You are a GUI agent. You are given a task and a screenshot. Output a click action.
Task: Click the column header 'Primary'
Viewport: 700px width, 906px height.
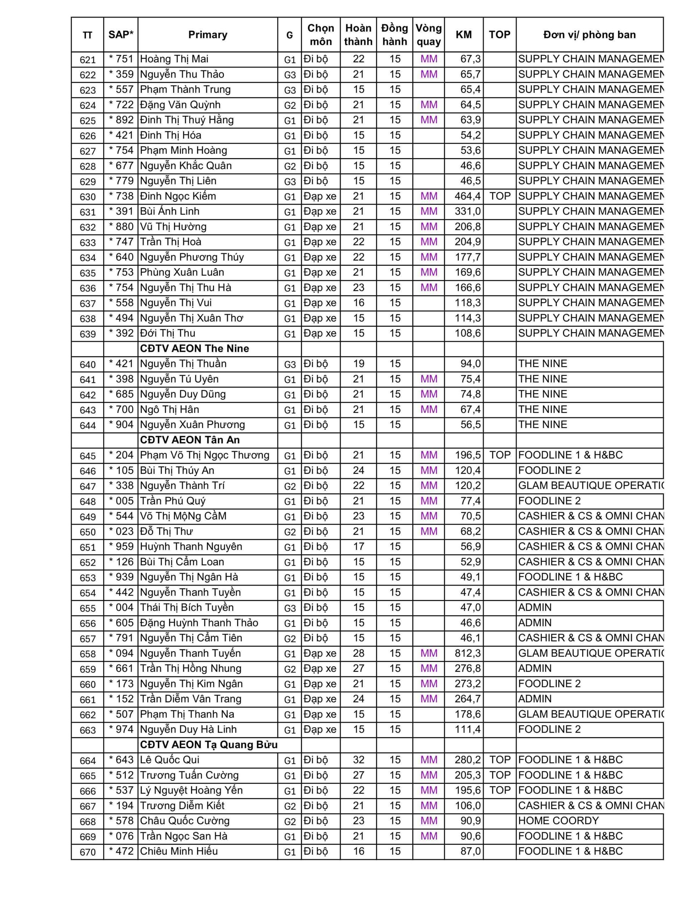point(207,35)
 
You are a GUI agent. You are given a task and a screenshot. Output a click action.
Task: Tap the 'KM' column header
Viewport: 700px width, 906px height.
point(464,35)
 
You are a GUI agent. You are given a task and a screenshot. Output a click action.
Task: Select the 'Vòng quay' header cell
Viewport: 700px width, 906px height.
point(428,35)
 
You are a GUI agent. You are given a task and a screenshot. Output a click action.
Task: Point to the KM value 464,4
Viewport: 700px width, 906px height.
point(467,196)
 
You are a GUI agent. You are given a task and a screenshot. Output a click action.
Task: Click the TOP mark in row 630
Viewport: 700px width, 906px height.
point(500,196)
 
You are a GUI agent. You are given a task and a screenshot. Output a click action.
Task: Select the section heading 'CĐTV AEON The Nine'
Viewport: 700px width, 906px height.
point(194,349)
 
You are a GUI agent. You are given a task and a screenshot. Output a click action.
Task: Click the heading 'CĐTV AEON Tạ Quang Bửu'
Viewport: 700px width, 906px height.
point(208,745)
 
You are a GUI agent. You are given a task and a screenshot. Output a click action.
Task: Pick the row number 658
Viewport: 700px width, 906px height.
point(87,654)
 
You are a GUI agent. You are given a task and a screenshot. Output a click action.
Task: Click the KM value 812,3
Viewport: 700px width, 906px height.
point(467,653)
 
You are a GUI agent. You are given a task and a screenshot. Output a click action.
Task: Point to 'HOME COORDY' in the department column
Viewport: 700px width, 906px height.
point(558,821)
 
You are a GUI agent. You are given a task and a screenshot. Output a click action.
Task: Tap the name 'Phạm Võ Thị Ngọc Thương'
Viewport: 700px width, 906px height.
point(205,455)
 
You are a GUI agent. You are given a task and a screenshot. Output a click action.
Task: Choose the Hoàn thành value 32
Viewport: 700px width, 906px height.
point(358,760)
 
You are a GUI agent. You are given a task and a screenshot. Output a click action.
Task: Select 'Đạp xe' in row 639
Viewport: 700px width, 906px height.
point(320,333)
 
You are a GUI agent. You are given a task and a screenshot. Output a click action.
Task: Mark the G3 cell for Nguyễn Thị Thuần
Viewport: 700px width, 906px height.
point(289,364)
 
